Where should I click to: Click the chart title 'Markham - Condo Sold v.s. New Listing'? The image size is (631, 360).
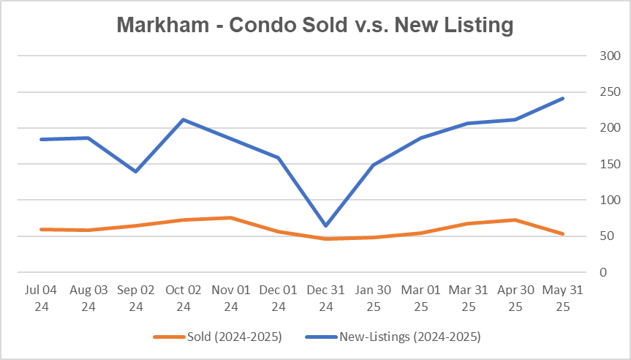point(315,25)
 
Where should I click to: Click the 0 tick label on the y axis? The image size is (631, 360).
point(602,272)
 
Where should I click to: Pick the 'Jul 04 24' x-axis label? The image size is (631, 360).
point(41,298)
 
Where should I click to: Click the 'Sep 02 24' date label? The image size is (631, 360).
point(136,298)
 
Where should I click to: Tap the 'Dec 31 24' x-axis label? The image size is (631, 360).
point(326,298)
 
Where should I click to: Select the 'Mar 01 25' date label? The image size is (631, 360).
point(421,298)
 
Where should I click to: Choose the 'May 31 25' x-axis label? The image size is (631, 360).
point(563,298)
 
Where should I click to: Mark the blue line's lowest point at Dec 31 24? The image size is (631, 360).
point(326,225)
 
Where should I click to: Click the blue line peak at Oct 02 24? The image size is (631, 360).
point(184,119)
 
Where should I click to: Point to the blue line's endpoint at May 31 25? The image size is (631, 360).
point(563,98)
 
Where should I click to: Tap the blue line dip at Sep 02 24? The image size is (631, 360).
point(136,171)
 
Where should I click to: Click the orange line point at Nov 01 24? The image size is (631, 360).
point(231,217)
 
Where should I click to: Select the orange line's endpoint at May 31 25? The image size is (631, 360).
point(563,234)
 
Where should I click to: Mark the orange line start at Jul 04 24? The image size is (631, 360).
point(41,229)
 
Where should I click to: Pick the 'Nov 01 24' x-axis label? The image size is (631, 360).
point(231,298)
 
